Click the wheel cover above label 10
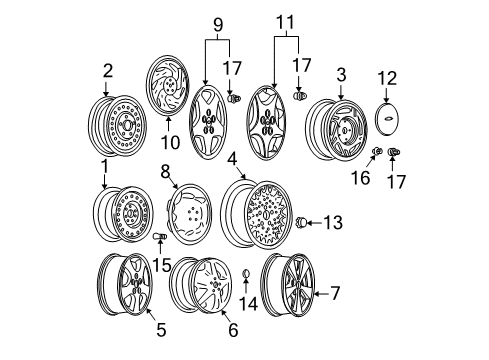(x=170, y=85)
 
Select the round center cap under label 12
(x=388, y=114)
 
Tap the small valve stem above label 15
(x=159, y=239)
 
